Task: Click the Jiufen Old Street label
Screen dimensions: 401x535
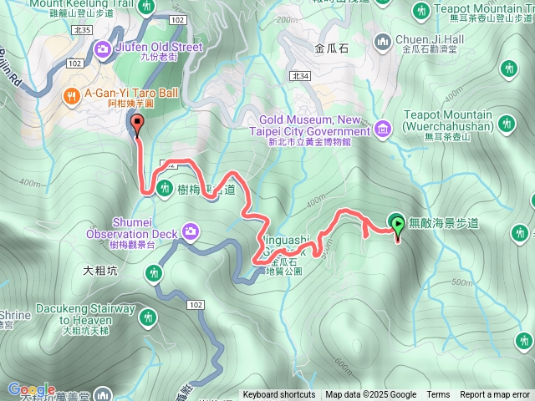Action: point(159,47)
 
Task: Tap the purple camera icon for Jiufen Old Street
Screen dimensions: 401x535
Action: point(103,48)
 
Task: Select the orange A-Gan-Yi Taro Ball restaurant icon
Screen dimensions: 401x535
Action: point(72,96)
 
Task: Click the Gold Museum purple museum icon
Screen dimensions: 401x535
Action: point(382,128)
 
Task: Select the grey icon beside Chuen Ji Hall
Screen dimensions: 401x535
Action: point(383,39)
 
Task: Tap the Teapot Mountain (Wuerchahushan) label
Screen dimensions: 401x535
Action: point(446,119)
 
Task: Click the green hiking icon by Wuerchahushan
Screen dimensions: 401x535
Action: point(505,124)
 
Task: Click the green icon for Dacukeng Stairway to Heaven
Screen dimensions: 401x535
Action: point(148,317)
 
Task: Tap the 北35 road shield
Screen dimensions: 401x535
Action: point(82,29)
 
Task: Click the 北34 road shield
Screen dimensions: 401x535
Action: point(301,76)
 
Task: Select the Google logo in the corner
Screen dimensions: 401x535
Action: point(31,389)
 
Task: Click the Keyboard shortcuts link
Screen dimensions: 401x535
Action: point(279,395)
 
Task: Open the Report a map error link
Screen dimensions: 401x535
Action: point(495,395)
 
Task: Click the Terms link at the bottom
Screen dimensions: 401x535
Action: point(438,395)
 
